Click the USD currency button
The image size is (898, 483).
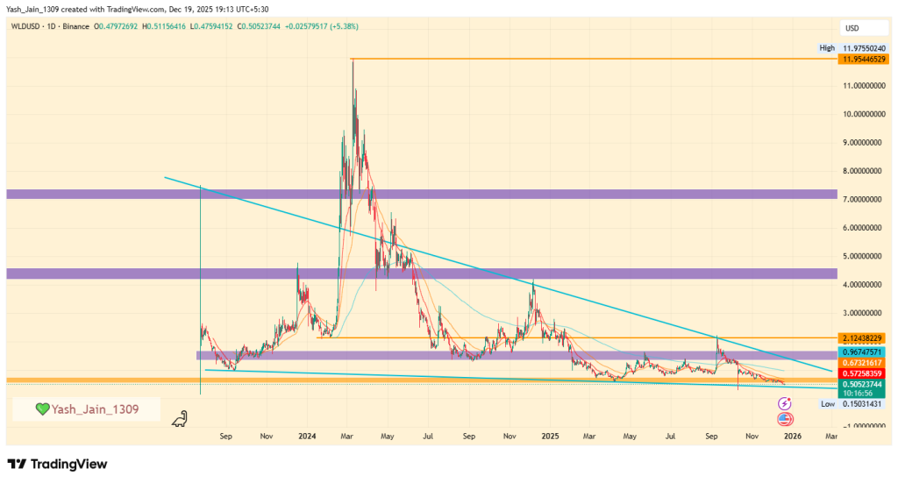click(850, 28)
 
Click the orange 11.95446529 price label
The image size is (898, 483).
click(863, 59)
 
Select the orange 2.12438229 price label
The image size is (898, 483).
click(863, 338)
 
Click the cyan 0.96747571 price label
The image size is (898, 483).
click(863, 352)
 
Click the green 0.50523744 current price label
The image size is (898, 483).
click(863, 384)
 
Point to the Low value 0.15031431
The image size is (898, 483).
click(863, 404)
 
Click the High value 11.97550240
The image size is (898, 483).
click(863, 48)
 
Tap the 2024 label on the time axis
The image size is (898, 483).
click(307, 435)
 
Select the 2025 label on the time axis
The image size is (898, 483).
click(550, 435)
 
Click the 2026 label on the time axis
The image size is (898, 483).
click(792, 435)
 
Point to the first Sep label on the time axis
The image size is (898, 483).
click(226, 435)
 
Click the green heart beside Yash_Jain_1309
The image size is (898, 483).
click(41, 409)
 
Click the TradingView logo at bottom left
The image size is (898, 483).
click(57, 464)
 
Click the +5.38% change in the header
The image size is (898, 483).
click(343, 26)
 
